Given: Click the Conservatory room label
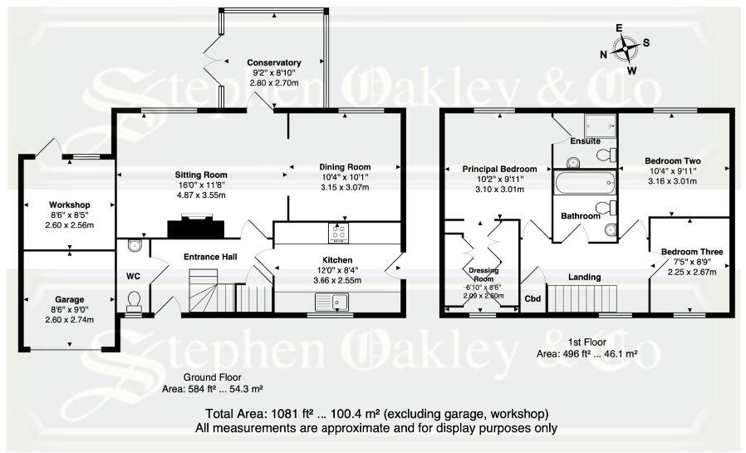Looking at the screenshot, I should (274, 63).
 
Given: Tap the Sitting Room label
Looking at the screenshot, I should (201, 175).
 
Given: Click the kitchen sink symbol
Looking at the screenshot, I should (340, 301).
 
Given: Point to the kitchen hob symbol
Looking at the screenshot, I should (341, 229).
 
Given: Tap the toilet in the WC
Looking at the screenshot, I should (134, 302).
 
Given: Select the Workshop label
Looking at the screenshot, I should (70, 204).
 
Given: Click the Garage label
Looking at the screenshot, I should (70, 298).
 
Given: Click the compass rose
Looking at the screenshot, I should (623, 49).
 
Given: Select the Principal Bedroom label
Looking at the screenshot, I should (499, 169).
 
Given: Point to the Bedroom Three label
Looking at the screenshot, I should (691, 252).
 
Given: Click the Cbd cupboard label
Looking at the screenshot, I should (532, 298).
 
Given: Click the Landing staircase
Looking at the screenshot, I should (585, 296).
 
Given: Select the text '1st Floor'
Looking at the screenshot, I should (586, 342).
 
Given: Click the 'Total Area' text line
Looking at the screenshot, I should (375, 414).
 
